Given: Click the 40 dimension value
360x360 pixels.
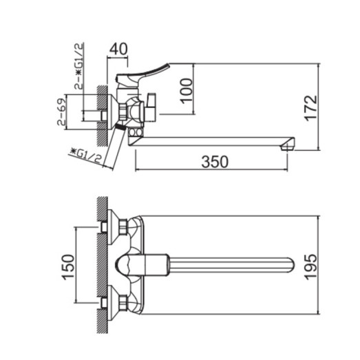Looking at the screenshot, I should point(118,49).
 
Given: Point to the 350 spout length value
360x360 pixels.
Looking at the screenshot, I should point(215,162).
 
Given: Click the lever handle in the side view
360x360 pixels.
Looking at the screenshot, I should point(148,68).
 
